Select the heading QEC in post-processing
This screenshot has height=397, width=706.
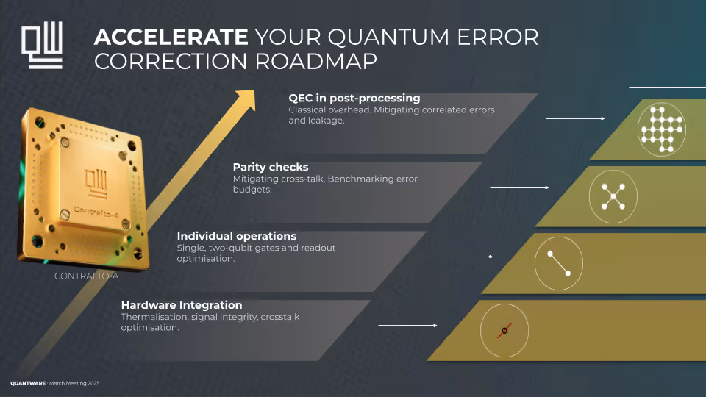point(354,98)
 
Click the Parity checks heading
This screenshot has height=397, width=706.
point(271,167)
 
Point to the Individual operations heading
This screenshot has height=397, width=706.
point(237,236)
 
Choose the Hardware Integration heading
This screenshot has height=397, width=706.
point(182,305)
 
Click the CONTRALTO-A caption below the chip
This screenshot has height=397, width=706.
point(87,277)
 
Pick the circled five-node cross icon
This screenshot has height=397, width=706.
point(613,196)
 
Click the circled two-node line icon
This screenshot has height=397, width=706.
point(558,264)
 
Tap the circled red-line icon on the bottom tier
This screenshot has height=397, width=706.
point(504,332)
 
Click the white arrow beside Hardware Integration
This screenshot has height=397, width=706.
point(407,325)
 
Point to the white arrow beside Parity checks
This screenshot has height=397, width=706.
point(519,188)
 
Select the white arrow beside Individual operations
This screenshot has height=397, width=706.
point(463,257)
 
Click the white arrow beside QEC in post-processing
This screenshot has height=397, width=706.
point(575,118)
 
